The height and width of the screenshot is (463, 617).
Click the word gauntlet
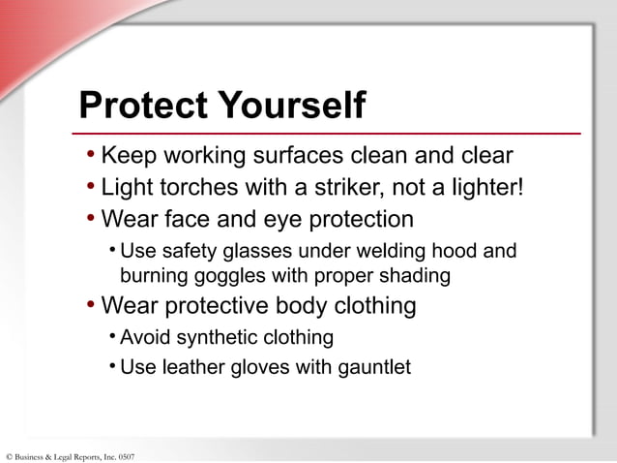[374, 368]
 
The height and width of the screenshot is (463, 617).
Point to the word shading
[414, 276]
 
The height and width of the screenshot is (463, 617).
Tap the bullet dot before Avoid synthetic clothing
[112, 337]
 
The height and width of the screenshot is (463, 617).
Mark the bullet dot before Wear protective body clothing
[90, 307]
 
